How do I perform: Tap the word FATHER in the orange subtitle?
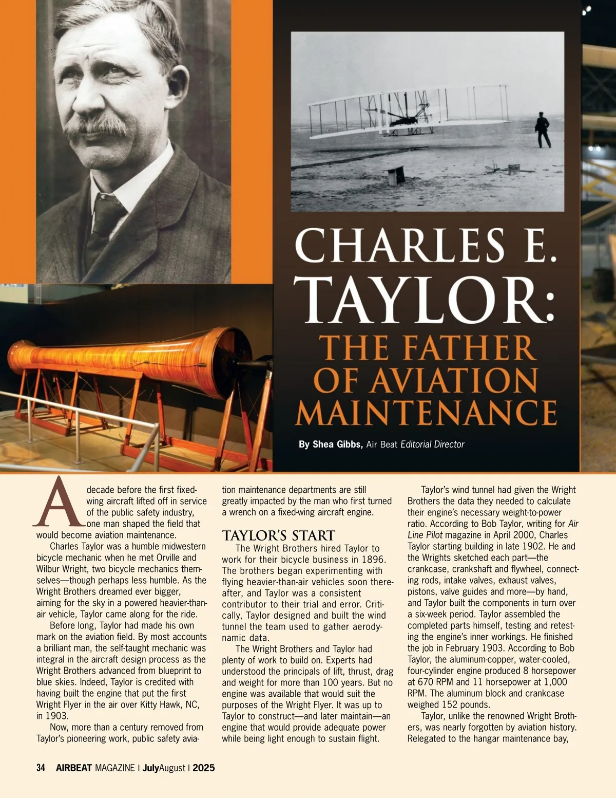467,348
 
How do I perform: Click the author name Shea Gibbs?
331,444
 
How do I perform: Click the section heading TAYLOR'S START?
278,535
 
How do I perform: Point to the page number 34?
41,768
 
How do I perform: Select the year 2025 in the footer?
204,768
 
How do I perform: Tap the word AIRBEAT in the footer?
74,768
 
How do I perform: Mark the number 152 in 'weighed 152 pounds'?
448,704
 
